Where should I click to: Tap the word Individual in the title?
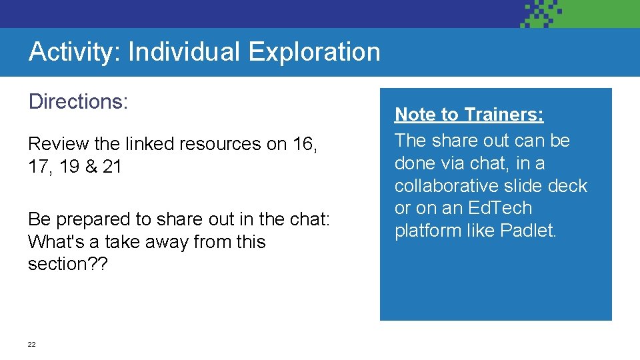tap(185, 51)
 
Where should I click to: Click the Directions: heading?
tap(78, 102)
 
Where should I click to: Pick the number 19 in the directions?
tap(69, 167)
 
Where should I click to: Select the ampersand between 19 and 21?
tap(89, 167)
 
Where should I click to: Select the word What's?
tap(54, 242)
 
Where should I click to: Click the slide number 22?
tap(31, 345)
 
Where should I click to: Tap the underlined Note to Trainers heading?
tap(469, 115)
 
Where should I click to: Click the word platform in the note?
tap(426, 231)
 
